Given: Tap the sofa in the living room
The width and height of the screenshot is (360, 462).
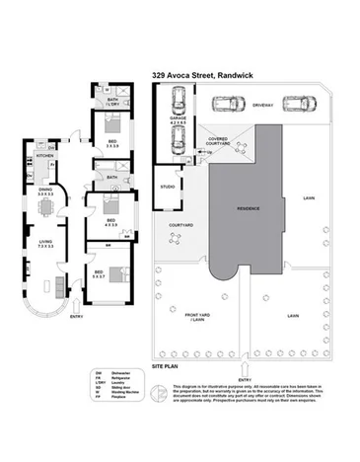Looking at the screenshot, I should tap(60, 286).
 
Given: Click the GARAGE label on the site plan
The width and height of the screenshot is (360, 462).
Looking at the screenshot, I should tap(178, 116).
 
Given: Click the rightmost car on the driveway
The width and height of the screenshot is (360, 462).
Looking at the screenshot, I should tap(297, 102).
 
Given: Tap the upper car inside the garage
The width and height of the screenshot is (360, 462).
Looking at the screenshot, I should tap(179, 99).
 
